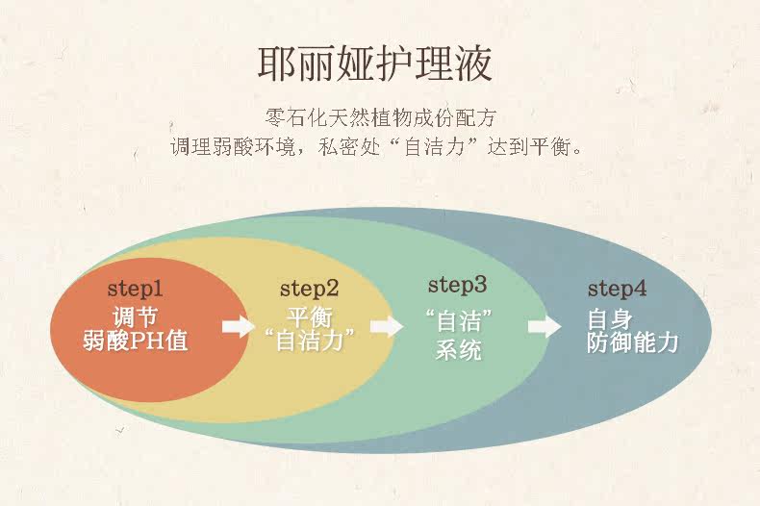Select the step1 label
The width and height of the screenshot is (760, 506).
[135, 288]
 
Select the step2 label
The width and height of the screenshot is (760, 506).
[310, 288]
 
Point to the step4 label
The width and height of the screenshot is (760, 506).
[618, 288]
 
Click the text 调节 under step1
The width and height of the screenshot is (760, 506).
[135, 316]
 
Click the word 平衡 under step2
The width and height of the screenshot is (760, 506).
[310, 316]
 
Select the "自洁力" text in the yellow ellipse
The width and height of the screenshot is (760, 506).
[309, 340]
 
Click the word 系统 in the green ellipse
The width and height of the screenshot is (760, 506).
[458, 349]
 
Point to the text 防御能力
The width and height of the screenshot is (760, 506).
[633, 342]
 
